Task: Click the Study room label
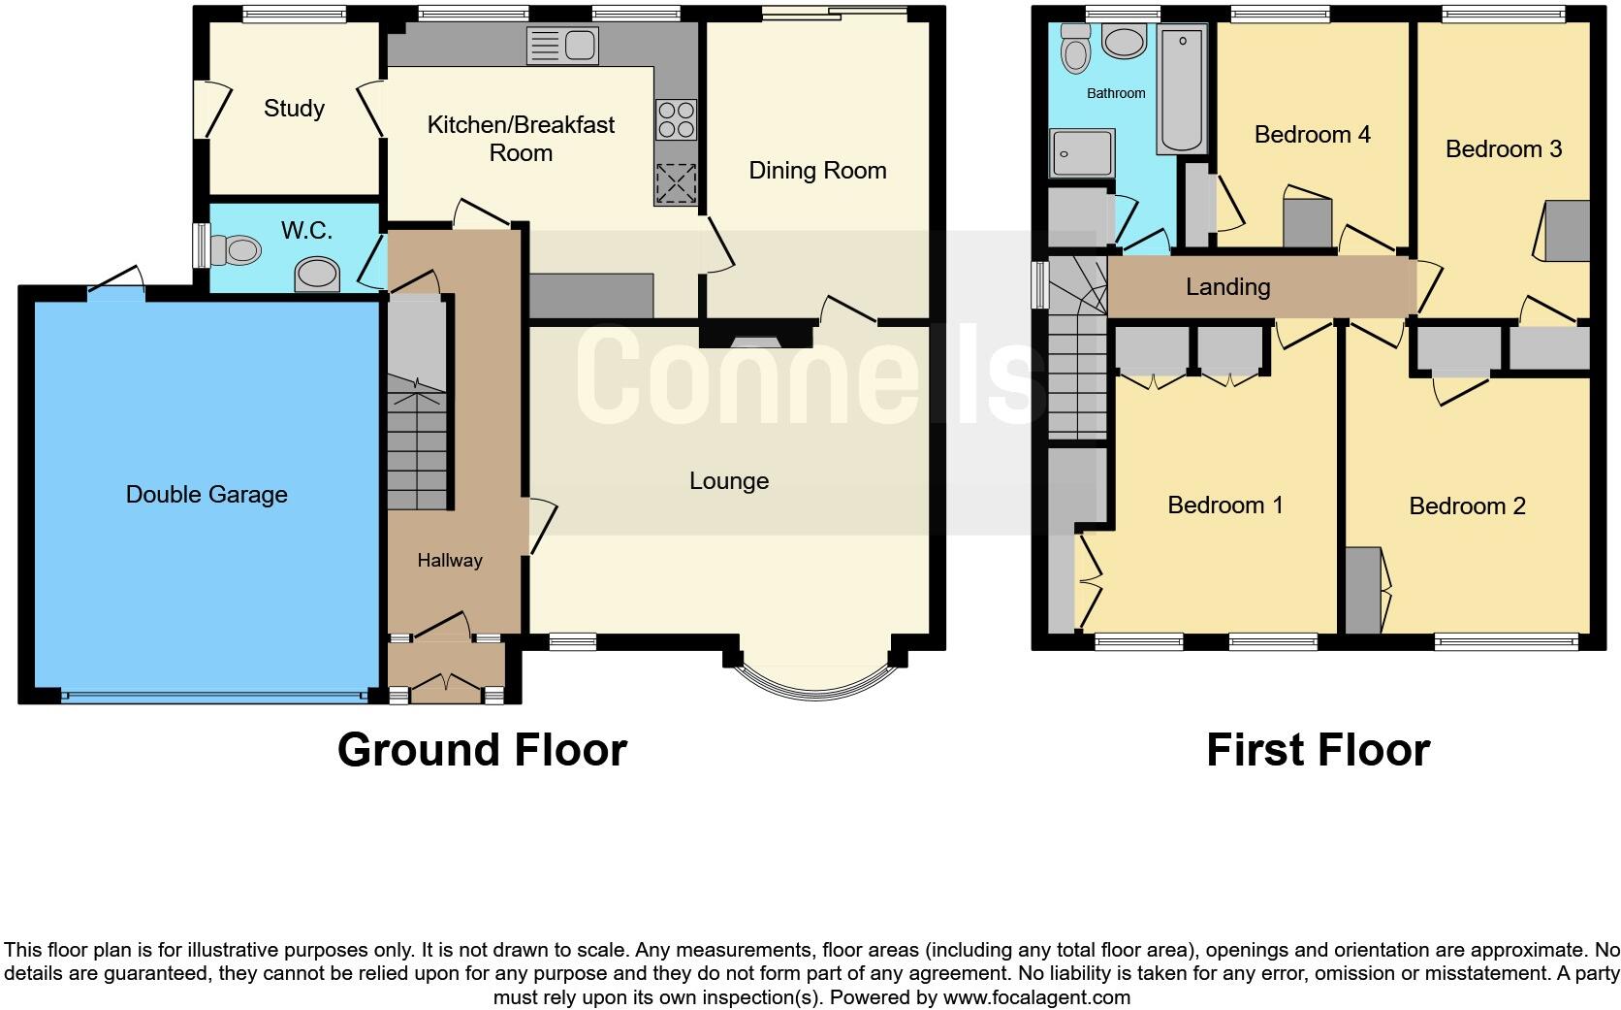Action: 294,108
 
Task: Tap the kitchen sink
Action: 562,45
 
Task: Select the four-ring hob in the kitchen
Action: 676,119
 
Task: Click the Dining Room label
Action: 817,171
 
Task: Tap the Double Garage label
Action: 207,495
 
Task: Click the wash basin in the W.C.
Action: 318,274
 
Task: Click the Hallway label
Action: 450,560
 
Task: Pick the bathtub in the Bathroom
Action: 1181,89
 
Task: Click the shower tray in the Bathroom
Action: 1082,152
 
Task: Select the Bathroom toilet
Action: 1075,49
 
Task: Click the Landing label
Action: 1227,286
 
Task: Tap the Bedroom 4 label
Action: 1312,134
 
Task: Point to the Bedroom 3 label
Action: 1503,148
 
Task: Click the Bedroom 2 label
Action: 1467,505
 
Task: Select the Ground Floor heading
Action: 482,750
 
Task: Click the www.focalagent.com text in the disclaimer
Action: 1035,996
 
